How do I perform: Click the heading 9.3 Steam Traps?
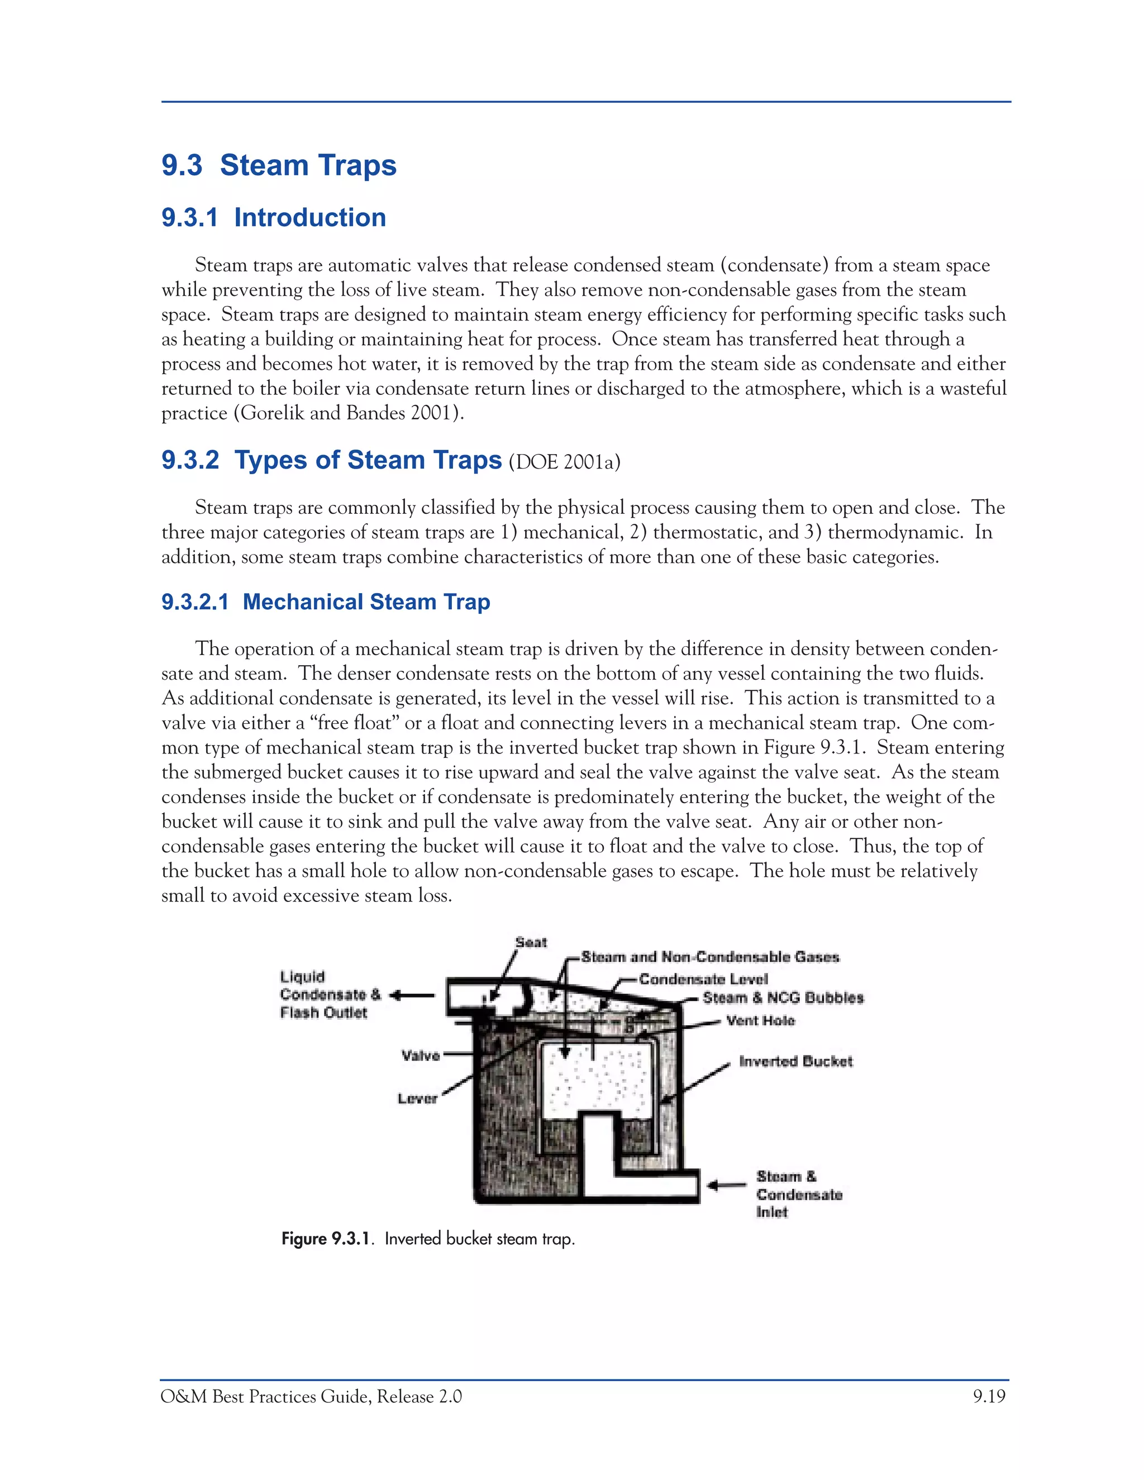(x=279, y=165)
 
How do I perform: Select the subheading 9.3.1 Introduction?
(x=274, y=217)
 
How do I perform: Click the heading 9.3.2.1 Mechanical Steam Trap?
(x=325, y=601)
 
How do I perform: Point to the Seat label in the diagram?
(x=531, y=942)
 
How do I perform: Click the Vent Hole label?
(x=760, y=1020)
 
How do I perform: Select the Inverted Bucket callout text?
(x=795, y=1061)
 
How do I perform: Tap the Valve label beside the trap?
(x=420, y=1055)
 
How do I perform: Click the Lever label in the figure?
(x=417, y=1099)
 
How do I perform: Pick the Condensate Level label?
(x=703, y=979)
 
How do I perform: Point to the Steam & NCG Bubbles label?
(x=783, y=997)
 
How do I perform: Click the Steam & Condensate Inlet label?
(x=798, y=1194)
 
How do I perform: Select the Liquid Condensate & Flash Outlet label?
(x=330, y=994)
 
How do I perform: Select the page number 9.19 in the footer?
(x=989, y=1397)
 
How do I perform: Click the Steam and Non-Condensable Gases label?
(x=709, y=957)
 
